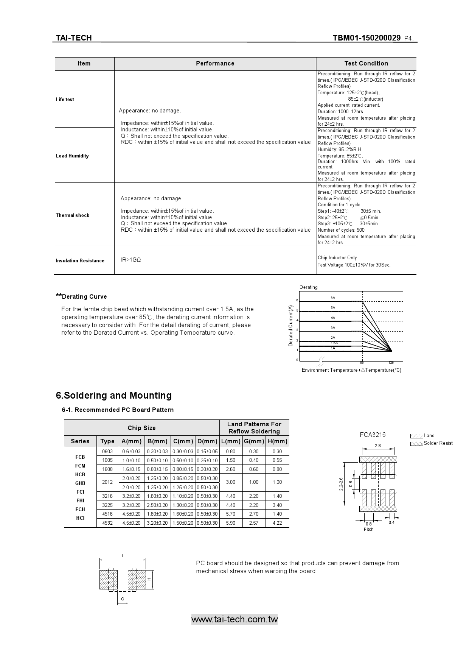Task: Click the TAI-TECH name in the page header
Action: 74,38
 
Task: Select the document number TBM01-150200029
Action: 367,38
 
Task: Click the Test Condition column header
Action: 366,64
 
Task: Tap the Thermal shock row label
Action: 73,215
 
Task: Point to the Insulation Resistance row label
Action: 80,261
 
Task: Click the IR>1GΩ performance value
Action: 131,260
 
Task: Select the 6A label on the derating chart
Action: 333,298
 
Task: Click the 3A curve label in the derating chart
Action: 333,328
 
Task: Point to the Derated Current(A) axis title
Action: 291,326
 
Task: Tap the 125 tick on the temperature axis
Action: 391,363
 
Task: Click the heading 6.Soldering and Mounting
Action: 114,396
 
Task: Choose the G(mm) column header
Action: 254,441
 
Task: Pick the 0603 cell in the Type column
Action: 107,451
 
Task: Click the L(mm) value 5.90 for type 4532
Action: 230,523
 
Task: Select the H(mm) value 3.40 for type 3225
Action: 277,505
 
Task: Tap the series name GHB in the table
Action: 80,483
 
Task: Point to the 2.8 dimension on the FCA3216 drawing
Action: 378,446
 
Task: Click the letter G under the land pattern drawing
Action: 123,599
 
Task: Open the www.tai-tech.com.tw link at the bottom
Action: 234,620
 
